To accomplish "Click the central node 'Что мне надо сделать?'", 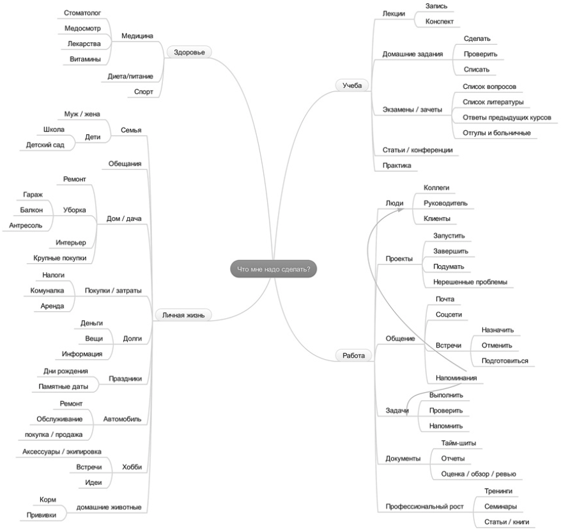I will tap(273, 270).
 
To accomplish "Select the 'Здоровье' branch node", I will tap(189, 52).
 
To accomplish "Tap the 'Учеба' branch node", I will tap(352, 84).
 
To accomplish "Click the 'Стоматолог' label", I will tap(83, 12).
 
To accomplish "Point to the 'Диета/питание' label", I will tap(130, 77).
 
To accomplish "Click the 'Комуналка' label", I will tap(47, 291).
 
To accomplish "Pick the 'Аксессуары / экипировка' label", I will tap(62, 452).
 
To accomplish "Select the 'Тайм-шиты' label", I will tap(458, 443).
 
